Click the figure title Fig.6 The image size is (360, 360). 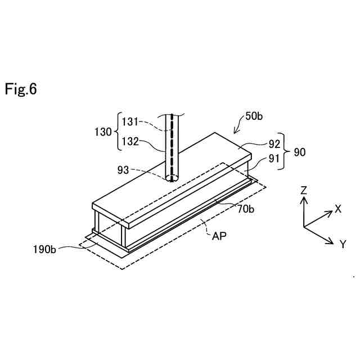[21, 89]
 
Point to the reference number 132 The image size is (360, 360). [131, 142]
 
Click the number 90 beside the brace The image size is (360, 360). [299, 151]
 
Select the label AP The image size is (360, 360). [219, 236]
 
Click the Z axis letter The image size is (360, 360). [304, 190]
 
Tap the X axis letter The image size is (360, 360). [338, 209]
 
